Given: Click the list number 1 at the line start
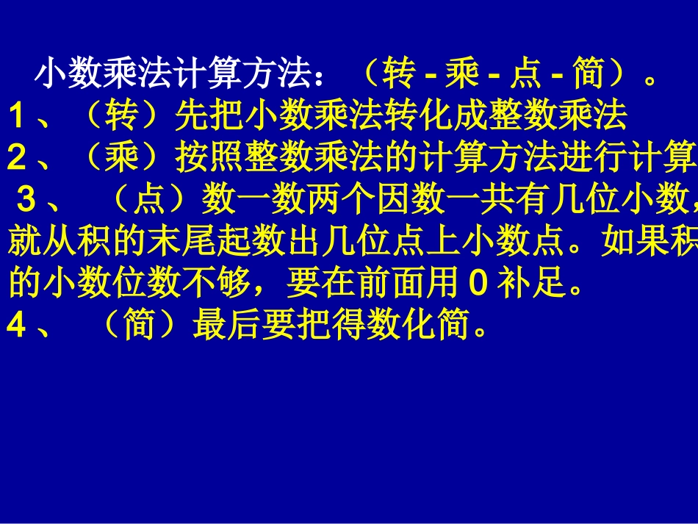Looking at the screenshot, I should (18, 116).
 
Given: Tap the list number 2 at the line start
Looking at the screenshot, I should (18, 157).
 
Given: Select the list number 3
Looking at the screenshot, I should (28, 198).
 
